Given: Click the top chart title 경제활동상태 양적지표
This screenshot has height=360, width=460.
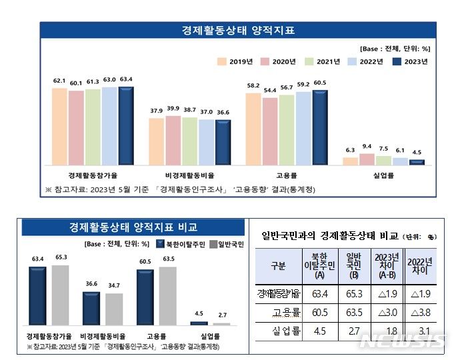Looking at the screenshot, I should [x=238, y=31].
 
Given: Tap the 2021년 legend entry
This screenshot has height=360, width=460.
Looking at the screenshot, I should [x=320, y=62].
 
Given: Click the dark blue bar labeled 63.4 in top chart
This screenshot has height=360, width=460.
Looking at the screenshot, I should [x=125, y=125].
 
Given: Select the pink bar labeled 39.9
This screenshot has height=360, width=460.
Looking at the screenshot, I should [x=173, y=140].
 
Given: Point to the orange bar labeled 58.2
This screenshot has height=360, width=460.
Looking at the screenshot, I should [x=253, y=128].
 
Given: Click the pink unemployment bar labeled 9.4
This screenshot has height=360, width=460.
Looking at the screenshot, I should [x=367, y=159].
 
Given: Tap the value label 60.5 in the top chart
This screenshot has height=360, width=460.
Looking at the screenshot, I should [x=320, y=83].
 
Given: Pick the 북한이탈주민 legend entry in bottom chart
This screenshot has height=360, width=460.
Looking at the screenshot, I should [x=179, y=243].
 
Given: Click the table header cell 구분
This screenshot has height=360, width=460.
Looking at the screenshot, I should [x=277, y=266].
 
